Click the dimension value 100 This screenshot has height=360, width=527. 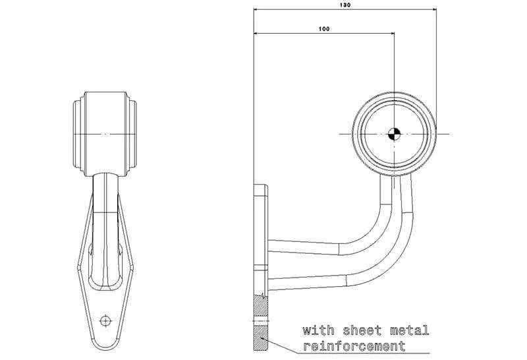click(x=323, y=28)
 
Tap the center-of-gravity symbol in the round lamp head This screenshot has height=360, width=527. click(x=394, y=133)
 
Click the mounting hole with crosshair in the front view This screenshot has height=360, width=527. click(x=104, y=320)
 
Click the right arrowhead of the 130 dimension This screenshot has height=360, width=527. click(x=435, y=11)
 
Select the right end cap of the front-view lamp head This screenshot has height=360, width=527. click(x=134, y=134)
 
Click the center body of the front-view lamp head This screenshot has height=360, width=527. click(x=105, y=134)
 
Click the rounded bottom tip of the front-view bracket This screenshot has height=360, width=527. click(x=104, y=344)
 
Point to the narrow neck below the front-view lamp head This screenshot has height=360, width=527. click(x=105, y=191)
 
